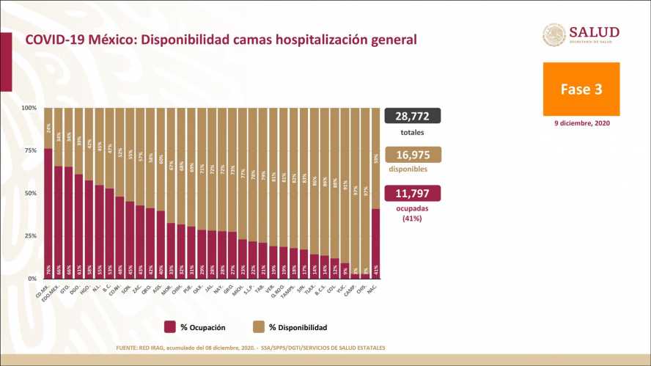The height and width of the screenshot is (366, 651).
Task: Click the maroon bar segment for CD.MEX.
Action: [x=48, y=213]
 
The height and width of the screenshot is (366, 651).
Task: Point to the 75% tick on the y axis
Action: [x=30, y=150]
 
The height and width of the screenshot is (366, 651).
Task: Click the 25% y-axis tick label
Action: [x=30, y=235]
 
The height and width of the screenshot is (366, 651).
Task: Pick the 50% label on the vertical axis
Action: [x=30, y=193]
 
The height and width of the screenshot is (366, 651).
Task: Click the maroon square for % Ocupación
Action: [x=169, y=327]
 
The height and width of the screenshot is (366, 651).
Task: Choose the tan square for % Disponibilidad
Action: [x=259, y=327]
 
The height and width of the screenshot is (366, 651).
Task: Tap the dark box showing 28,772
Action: [x=412, y=117]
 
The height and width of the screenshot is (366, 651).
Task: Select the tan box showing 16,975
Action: [x=412, y=153]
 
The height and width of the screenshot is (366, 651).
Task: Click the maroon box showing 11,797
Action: [x=412, y=194]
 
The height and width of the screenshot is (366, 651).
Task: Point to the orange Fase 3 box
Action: [x=581, y=89]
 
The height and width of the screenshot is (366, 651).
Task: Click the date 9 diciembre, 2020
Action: [x=581, y=123]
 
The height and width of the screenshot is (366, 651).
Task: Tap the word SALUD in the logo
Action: [x=594, y=32]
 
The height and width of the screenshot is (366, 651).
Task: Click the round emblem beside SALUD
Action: [x=553, y=34]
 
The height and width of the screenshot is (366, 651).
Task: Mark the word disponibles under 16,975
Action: [x=412, y=169]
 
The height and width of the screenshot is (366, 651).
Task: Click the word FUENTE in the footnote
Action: [x=129, y=347]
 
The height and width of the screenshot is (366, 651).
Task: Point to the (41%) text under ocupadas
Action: [x=412, y=218]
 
